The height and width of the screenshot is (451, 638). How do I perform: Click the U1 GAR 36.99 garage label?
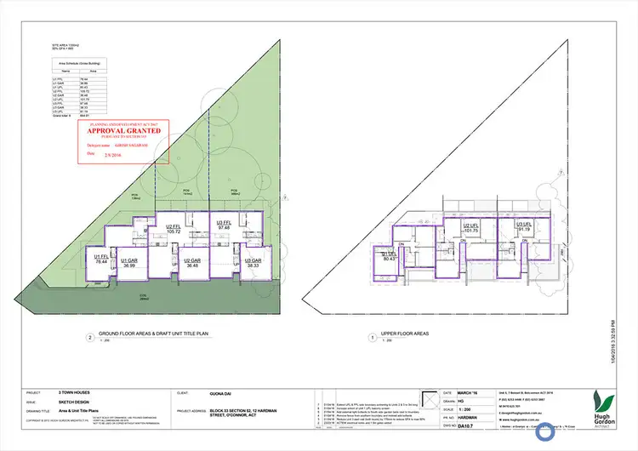(x=129, y=264)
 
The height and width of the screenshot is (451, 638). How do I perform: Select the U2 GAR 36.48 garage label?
(x=193, y=263)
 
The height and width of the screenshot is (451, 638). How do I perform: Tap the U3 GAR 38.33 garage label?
(x=252, y=263)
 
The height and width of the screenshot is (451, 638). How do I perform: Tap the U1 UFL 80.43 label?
(x=389, y=257)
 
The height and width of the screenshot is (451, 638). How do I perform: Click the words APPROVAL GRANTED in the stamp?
(x=126, y=132)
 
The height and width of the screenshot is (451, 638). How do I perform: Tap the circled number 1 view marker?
(x=372, y=337)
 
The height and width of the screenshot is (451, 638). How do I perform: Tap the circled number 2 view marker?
(x=89, y=337)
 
